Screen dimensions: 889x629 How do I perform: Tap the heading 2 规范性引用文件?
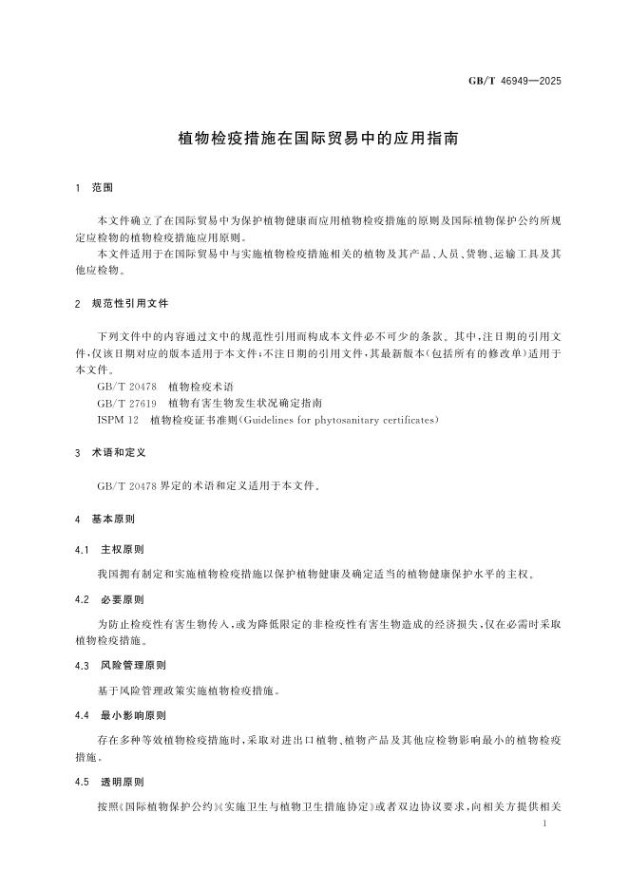[123, 304]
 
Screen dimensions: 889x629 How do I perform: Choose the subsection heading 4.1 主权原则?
[110, 550]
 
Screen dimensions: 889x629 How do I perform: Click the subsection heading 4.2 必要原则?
[110, 599]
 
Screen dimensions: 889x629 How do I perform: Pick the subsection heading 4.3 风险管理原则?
[117, 666]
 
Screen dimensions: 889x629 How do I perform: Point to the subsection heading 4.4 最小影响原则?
[117, 714]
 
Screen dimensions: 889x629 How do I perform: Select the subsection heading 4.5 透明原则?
[110, 782]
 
